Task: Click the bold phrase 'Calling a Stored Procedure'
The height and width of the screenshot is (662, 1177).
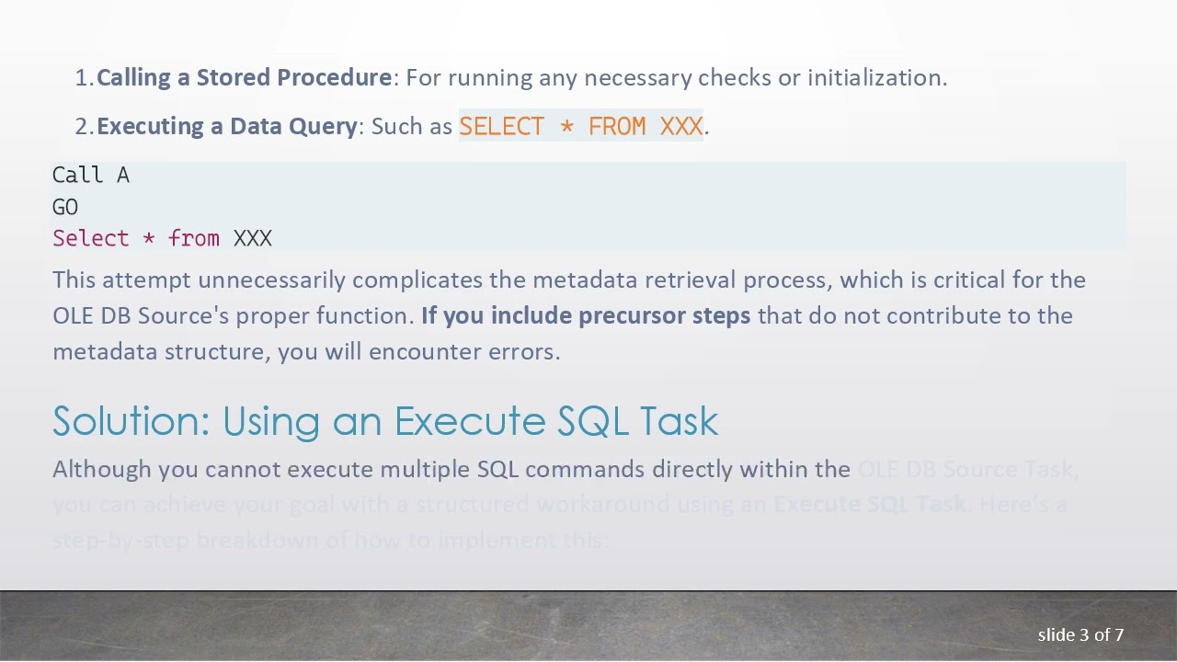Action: [244, 78]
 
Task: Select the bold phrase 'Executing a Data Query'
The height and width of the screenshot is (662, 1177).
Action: [226, 126]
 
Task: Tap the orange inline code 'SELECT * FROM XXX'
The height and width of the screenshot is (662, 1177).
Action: [580, 126]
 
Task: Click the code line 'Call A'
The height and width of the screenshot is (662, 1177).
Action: [90, 176]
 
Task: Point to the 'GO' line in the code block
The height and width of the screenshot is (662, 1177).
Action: [65, 207]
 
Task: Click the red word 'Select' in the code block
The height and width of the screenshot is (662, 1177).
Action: [90, 239]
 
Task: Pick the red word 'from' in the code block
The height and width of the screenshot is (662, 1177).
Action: [194, 239]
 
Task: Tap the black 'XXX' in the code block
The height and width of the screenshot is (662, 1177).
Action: [253, 239]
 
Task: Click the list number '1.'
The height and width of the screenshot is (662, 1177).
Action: [84, 78]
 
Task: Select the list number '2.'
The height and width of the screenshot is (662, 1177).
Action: [84, 126]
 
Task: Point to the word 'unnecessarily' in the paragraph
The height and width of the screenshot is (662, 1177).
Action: [271, 280]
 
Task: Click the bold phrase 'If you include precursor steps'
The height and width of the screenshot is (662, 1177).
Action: [586, 315]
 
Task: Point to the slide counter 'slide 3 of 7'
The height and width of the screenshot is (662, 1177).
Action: [1080, 635]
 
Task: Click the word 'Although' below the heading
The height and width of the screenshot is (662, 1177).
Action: [101, 470]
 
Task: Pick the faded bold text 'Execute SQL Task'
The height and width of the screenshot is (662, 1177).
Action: [870, 505]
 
